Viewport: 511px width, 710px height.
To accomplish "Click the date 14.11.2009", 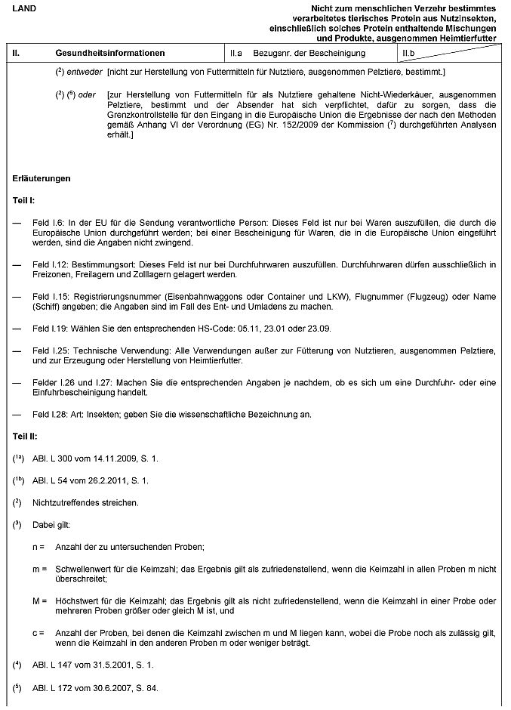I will click(109, 458).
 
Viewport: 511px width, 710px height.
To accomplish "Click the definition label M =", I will click(39, 600).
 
